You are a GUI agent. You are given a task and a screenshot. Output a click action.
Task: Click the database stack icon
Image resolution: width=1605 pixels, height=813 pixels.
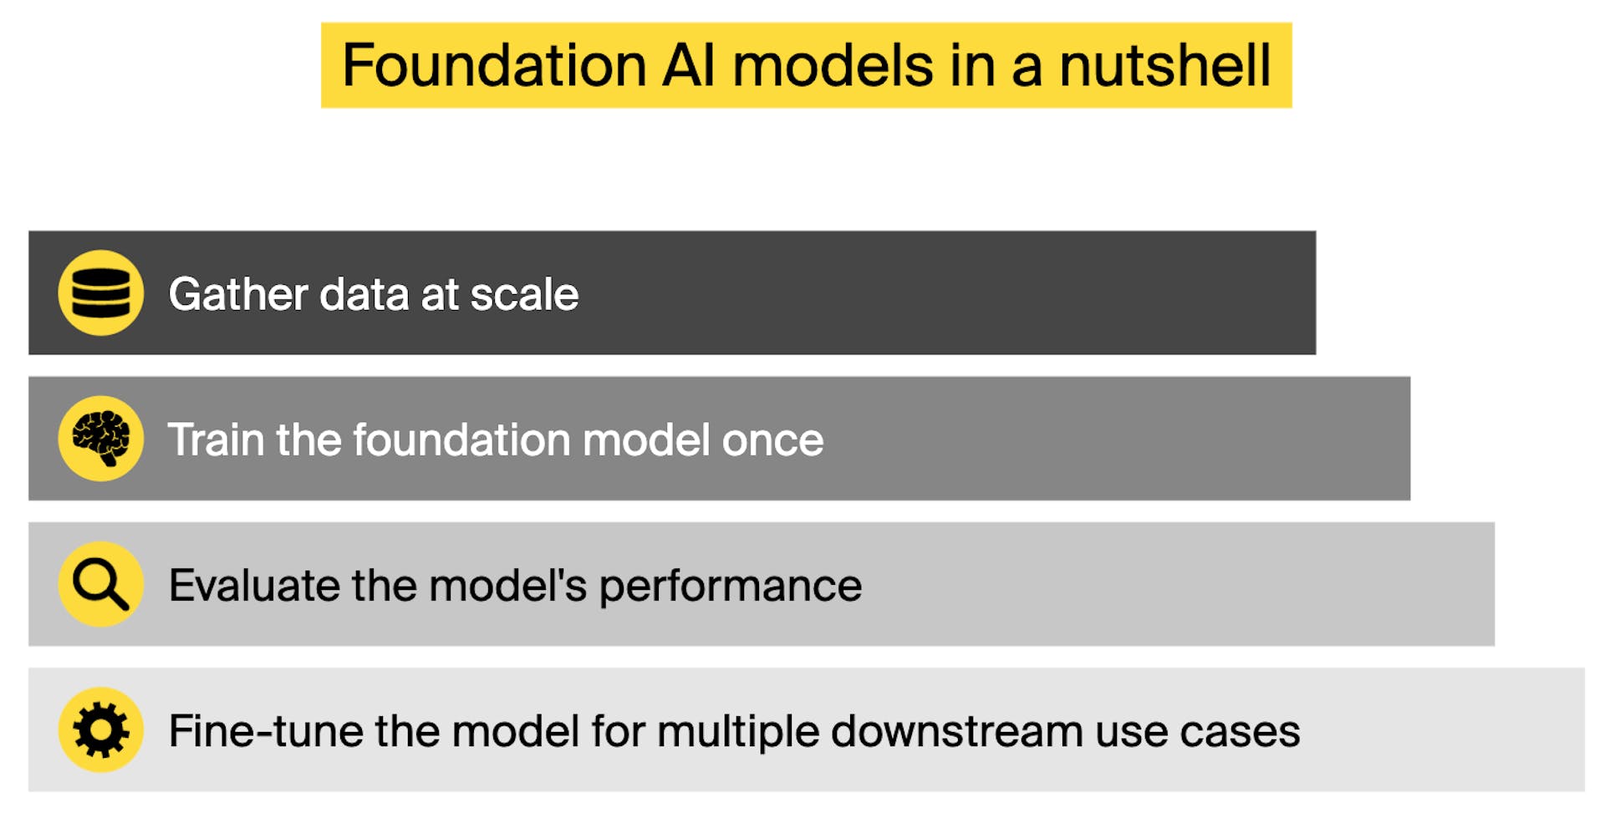100,293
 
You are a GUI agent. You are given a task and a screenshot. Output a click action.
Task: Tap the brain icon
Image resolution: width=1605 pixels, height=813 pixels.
100,439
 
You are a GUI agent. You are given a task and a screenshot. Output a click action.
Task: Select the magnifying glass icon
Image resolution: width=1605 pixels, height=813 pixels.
100,584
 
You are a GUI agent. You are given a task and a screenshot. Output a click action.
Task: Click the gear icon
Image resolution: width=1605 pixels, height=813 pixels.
100,729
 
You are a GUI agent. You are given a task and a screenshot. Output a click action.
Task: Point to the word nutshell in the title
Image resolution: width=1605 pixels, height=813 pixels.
1164,65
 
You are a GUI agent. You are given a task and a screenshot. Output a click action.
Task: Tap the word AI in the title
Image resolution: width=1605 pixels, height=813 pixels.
689,65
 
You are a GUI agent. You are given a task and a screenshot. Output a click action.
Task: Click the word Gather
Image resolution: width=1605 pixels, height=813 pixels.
238,294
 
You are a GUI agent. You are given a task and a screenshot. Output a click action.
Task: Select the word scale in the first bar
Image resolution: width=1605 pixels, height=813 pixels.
524,294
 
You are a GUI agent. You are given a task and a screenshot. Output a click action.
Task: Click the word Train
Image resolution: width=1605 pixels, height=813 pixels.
216,440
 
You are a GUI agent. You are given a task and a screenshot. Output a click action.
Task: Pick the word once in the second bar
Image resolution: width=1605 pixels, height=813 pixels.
772,440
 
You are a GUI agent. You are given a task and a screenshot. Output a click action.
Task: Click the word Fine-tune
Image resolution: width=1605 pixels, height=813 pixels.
265,731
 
